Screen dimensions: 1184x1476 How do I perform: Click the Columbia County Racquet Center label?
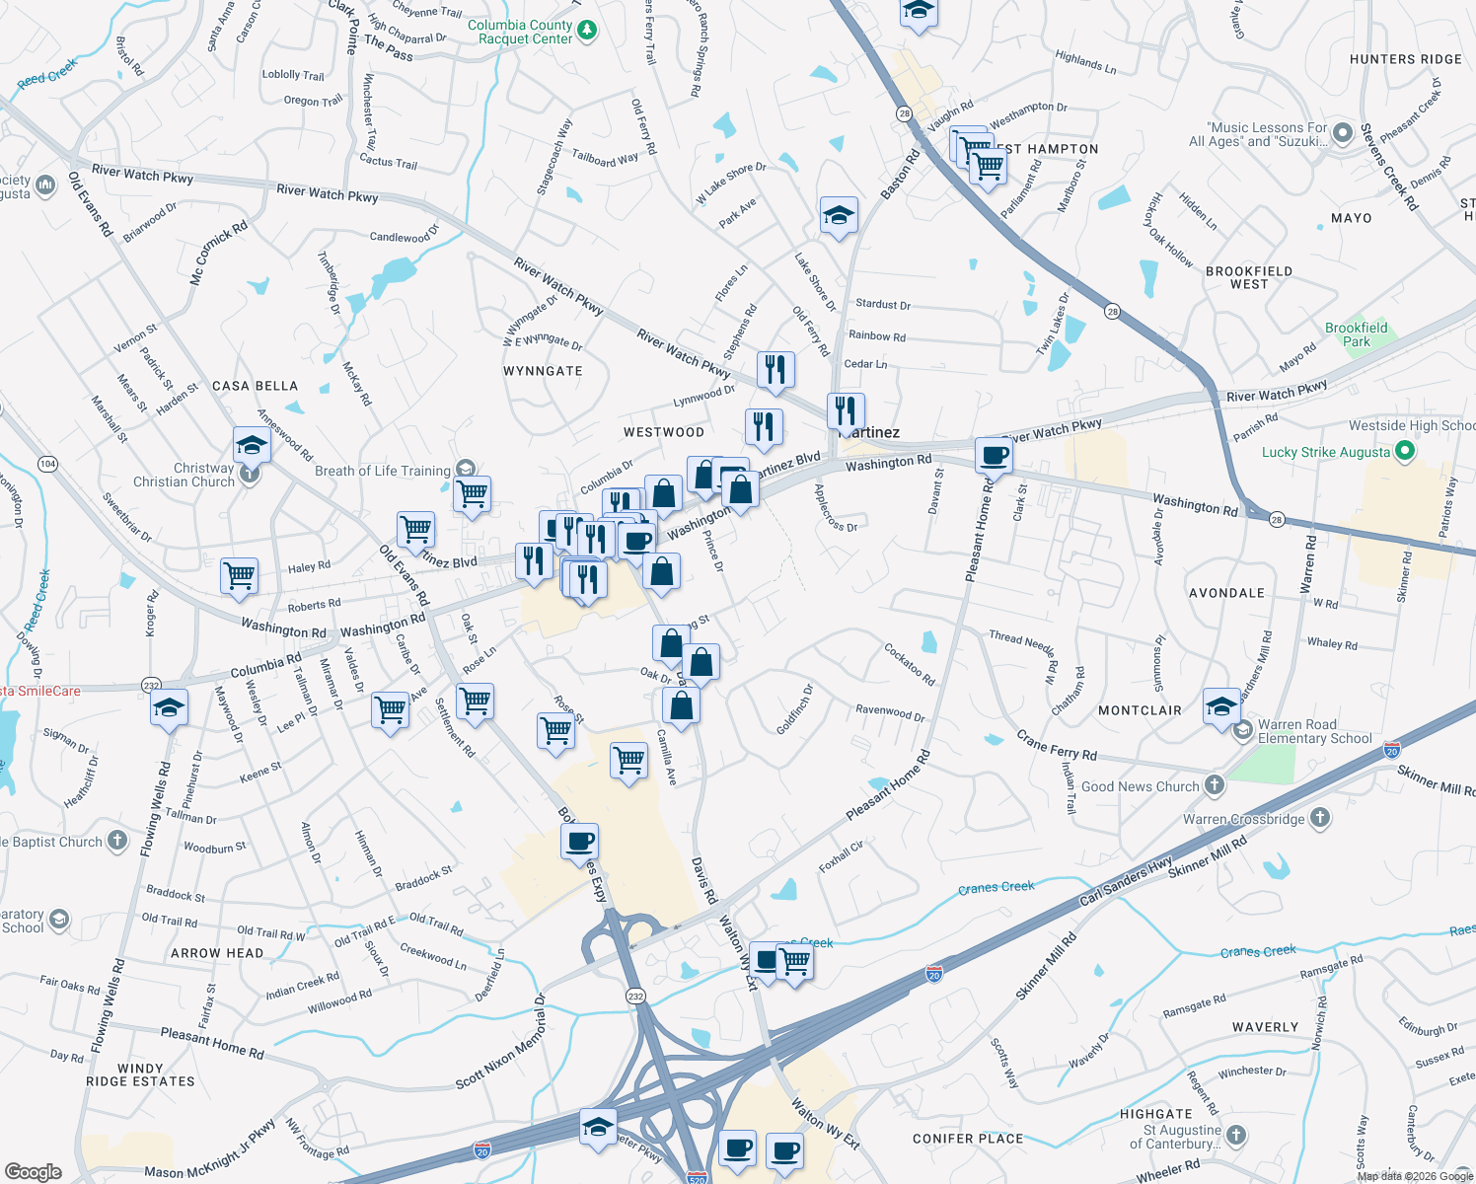[x=520, y=32]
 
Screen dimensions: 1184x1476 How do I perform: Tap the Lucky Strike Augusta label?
[x=1325, y=452]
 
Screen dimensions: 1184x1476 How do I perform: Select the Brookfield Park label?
[x=1356, y=334]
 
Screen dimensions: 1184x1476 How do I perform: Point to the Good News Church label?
[x=1140, y=786]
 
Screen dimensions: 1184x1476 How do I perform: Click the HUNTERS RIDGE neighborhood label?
[x=1405, y=59]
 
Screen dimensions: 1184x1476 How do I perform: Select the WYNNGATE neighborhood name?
[x=543, y=371]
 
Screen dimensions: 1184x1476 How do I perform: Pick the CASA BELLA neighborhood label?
[x=255, y=386]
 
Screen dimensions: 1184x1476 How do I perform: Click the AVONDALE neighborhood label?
[x=1226, y=593]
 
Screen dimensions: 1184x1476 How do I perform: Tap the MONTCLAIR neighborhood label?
[x=1140, y=710]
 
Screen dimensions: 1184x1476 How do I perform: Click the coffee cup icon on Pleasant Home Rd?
[x=994, y=456]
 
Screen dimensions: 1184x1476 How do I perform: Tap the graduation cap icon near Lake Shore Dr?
[x=838, y=215]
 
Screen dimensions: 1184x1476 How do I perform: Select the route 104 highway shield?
[x=47, y=463]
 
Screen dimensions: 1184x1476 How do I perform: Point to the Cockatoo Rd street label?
[x=910, y=664]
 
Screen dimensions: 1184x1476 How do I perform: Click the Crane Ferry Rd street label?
[x=1057, y=746]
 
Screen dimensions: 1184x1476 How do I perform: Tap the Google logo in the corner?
[x=33, y=1171]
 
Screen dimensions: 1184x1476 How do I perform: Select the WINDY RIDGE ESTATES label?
[x=140, y=1074]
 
